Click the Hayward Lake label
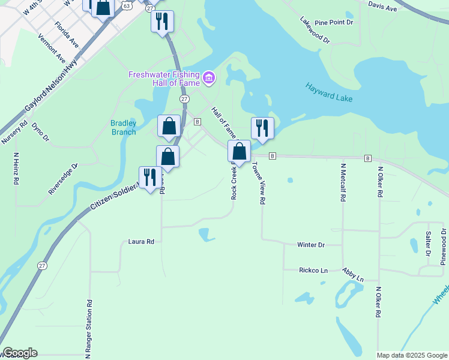click(x=328, y=92)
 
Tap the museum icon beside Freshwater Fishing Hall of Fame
click(x=209, y=77)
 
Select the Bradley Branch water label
click(x=124, y=128)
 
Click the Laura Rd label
click(x=142, y=242)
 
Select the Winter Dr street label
click(x=311, y=245)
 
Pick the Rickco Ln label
click(x=313, y=271)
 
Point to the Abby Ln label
click(x=353, y=275)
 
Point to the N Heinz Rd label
click(x=16, y=167)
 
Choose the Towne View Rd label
click(x=259, y=184)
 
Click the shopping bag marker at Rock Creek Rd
click(x=239, y=151)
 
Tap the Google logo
click(x=19, y=353)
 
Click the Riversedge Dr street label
click(x=64, y=179)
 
